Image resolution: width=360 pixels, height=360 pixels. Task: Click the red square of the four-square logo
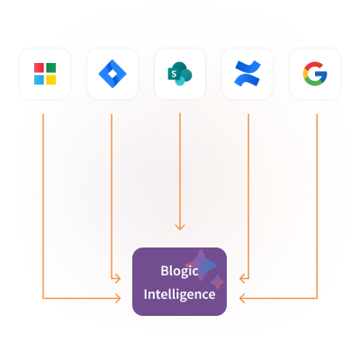coord(39,67)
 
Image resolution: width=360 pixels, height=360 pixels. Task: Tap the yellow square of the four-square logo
coord(50,79)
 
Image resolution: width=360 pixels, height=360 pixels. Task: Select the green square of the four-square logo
coord(50,67)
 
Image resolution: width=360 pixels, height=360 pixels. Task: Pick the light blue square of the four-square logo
coord(39,79)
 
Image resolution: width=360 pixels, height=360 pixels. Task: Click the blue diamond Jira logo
coord(112,74)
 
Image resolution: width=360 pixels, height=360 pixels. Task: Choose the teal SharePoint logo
coord(180,74)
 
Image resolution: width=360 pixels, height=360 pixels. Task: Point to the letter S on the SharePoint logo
coord(174,74)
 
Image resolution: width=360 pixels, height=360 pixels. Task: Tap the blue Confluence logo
coord(247,74)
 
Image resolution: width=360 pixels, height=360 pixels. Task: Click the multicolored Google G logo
coord(315,74)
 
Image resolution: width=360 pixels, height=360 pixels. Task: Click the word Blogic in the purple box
coord(179,271)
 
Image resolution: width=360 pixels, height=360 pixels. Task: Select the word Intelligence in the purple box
coord(179,294)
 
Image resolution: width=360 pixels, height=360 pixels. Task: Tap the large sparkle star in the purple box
coord(201,265)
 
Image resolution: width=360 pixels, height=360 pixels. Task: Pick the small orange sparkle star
coord(218,283)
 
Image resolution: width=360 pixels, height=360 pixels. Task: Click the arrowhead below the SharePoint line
coord(180,227)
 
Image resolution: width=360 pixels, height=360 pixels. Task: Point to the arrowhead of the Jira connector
coord(118,279)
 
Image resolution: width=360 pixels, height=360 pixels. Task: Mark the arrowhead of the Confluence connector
coord(242,279)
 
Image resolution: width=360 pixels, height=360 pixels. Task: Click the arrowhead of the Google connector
coord(242,298)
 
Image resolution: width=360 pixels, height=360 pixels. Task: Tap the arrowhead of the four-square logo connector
coord(118,298)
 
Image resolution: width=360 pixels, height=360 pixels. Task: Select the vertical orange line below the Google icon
coord(317,206)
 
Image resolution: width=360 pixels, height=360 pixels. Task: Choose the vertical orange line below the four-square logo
coord(43,206)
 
